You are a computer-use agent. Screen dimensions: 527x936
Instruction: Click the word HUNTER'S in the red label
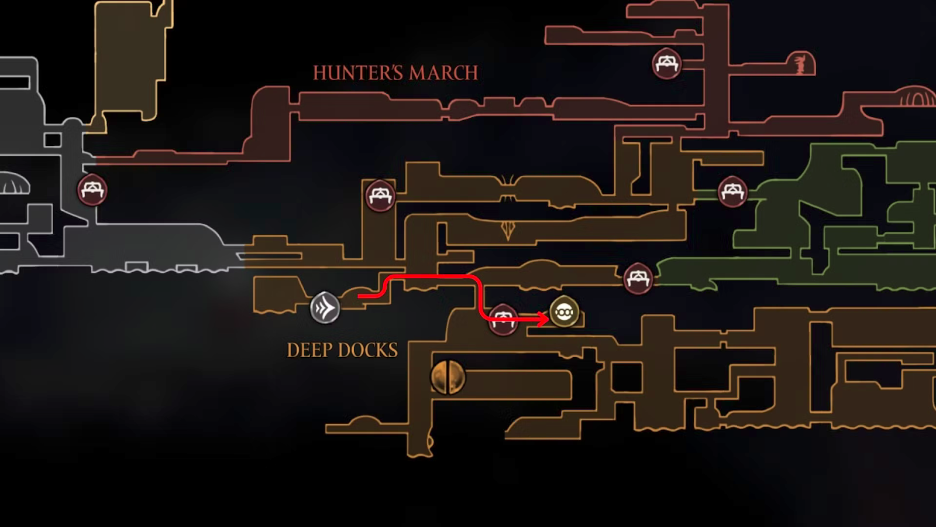[x=357, y=73]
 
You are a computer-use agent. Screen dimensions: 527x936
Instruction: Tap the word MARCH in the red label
[x=443, y=73]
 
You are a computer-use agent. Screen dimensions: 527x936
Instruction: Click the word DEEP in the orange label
[x=309, y=350]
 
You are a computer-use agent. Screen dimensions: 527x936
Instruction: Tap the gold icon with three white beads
[x=564, y=312]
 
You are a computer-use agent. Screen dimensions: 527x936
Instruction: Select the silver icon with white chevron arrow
[x=325, y=307]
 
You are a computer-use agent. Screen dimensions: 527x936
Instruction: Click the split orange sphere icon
[x=448, y=377]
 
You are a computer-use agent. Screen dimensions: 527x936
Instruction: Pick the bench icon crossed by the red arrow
[x=503, y=319]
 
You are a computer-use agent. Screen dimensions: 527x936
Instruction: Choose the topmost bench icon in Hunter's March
[x=666, y=63]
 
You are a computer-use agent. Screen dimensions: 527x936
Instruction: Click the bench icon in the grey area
[x=92, y=190]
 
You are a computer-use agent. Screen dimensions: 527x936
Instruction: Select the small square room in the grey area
[x=53, y=140]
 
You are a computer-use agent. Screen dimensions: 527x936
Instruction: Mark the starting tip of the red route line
[x=359, y=296]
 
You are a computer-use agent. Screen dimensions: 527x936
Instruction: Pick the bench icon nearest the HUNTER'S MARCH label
[x=380, y=195]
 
